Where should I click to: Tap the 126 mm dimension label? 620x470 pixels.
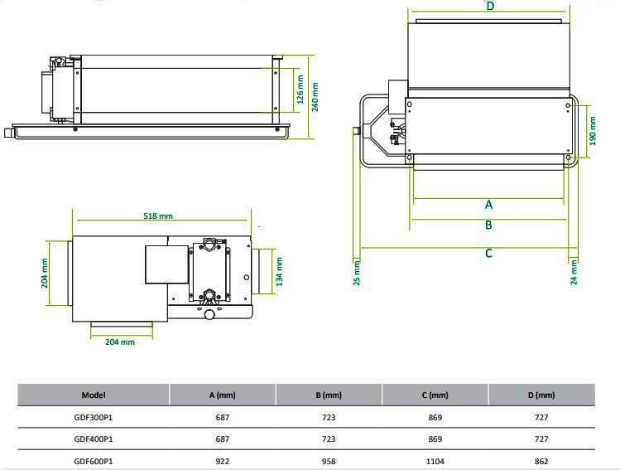tap(300, 91)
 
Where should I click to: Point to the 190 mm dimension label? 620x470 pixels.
tap(593, 131)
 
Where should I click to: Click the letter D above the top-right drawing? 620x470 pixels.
tap(490, 6)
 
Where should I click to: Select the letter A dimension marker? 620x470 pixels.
tap(488, 204)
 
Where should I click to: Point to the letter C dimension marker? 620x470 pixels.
tap(488, 253)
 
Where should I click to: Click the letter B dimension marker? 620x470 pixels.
tap(488, 225)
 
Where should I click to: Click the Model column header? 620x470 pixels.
tap(94, 395)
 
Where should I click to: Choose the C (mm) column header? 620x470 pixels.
tap(434, 395)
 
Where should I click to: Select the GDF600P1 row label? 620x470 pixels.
tap(94, 460)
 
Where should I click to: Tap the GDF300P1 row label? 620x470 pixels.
tap(94, 417)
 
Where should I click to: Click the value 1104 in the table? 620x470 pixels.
tap(434, 460)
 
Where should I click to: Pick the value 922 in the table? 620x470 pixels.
tap(222, 460)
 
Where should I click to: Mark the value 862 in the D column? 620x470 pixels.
tap(541, 460)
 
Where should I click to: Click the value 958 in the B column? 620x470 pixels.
tap(328, 460)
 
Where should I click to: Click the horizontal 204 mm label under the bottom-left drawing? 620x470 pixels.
tap(120, 342)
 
